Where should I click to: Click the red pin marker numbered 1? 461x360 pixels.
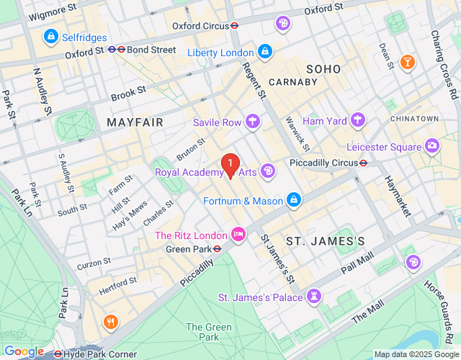[x=230, y=166]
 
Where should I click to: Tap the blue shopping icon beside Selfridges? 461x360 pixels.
[x=50, y=35]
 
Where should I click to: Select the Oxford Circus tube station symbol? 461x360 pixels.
[x=234, y=25]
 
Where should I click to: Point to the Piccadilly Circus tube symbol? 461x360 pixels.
[x=364, y=163]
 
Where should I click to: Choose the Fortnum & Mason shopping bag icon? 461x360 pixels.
[x=293, y=199]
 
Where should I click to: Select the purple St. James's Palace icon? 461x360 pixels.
[x=313, y=296]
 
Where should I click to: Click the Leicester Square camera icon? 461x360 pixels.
[x=432, y=146]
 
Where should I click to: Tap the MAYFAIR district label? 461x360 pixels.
[x=135, y=122]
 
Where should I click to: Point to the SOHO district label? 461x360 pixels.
[x=323, y=68]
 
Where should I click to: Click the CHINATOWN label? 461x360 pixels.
[x=414, y=118]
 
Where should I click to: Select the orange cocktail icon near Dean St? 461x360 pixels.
[x=408, y=63]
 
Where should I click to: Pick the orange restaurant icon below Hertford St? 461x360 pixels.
[x=110, y=321]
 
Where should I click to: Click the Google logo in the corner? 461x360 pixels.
[x=24, y=351]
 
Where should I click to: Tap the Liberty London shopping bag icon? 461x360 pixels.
[x=265, y=52]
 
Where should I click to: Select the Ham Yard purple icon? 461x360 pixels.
[x=358, y=120]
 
